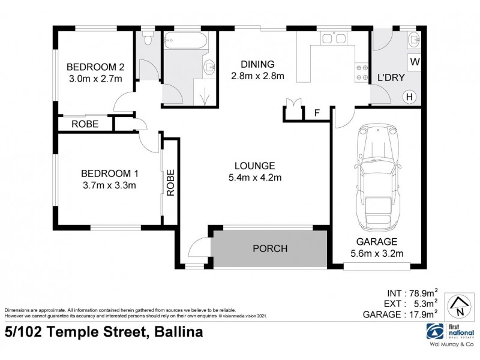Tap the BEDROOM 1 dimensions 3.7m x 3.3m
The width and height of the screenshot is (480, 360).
[x=109, y=185]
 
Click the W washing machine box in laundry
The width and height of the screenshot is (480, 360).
[x=414, y=61]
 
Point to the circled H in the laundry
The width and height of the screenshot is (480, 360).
[x=410, y=96]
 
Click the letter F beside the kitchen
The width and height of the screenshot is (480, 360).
[x=317, y=113]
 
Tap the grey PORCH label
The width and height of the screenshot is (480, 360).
[x=269, y=248]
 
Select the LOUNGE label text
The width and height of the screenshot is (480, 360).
[x=255, y=166]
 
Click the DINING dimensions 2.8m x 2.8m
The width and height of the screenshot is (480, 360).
[x=257, y=76]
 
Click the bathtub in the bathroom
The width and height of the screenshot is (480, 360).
[x=185, y=43]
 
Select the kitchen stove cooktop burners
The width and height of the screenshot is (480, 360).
[x=362, y=72]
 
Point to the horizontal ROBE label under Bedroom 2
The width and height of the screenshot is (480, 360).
[x=85, y=124]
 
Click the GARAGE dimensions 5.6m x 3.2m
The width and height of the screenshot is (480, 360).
[x=375, y=254]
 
